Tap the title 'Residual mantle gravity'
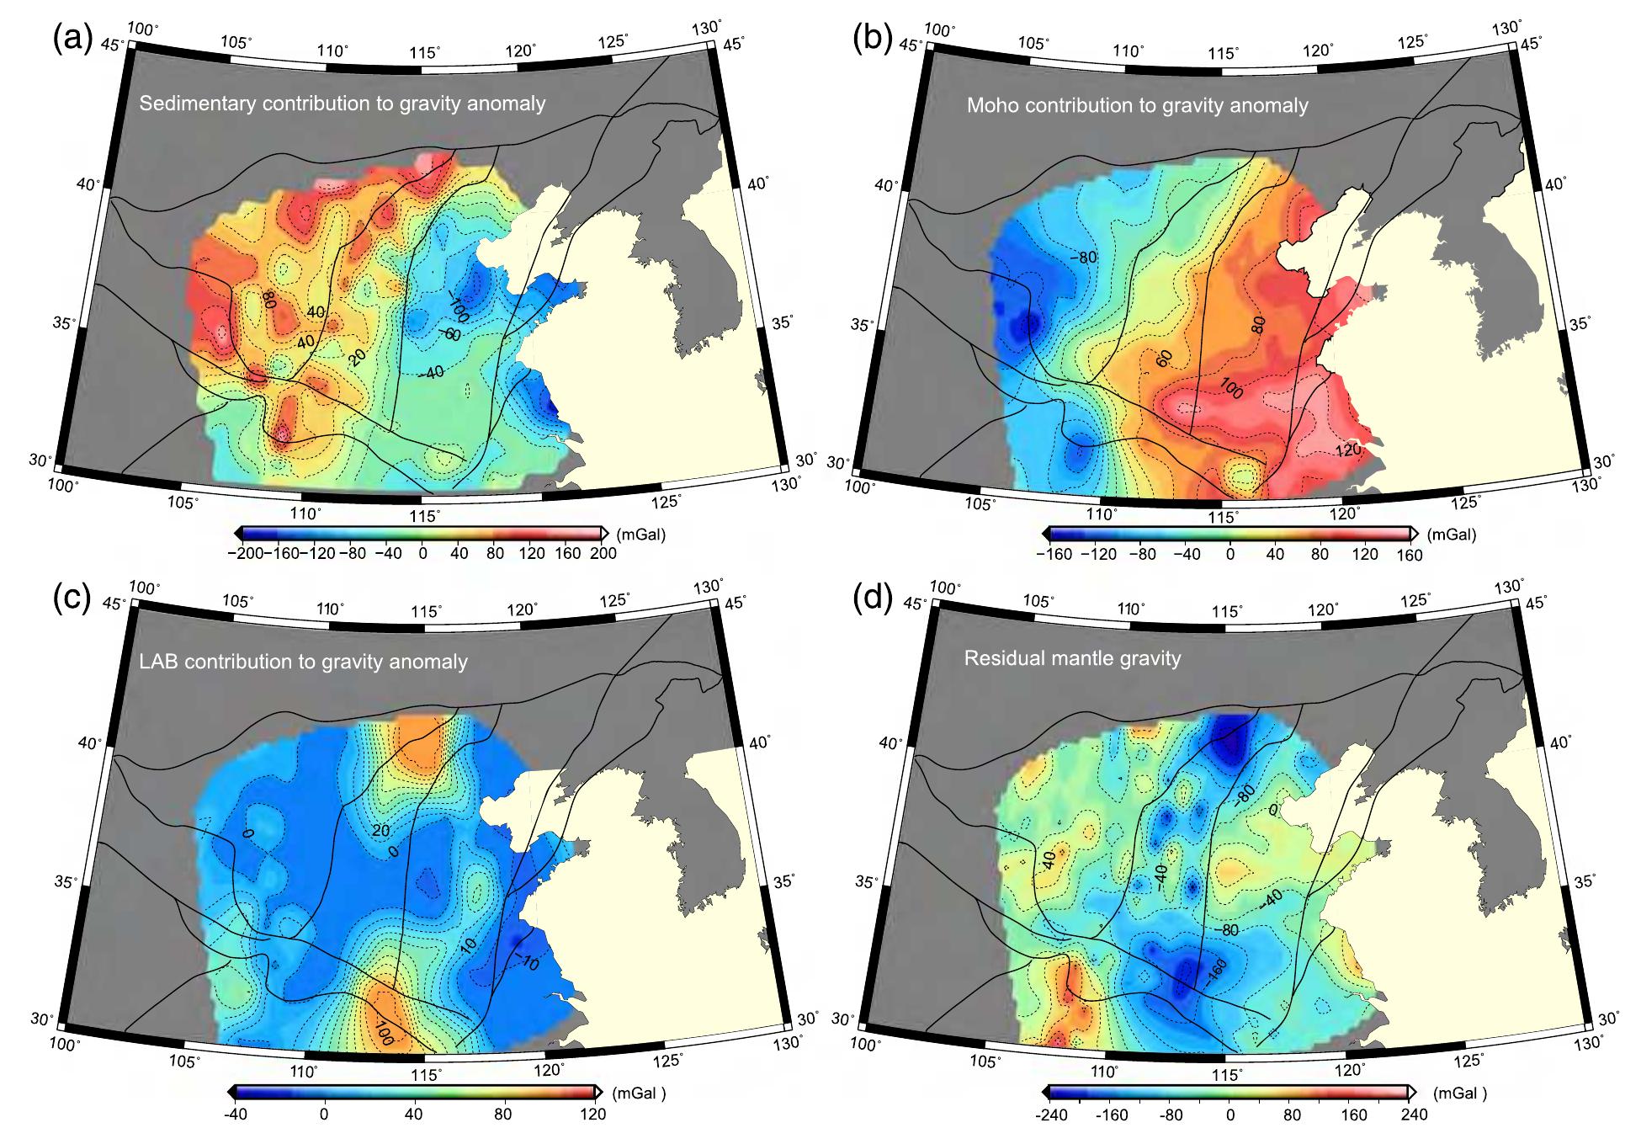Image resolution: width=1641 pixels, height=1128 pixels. tap(1072, 658)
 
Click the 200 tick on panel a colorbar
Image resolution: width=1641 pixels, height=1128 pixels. tap(603, 553)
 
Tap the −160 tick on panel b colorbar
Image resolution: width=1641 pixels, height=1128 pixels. tap(1054, 555)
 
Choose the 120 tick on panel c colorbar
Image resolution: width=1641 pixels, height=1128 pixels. tap(592, 1115)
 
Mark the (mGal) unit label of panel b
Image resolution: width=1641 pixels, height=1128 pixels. tap(1449, 534)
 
